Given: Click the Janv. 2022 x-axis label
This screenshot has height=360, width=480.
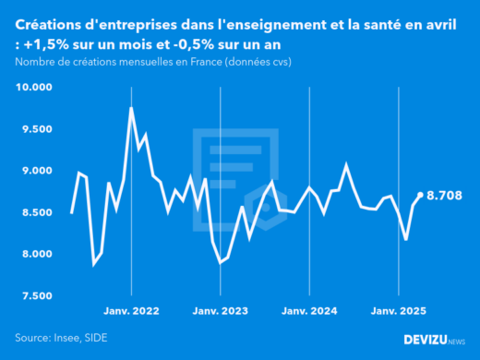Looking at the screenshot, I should (132, 312).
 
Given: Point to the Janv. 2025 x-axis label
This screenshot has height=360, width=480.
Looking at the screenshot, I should (398, 312).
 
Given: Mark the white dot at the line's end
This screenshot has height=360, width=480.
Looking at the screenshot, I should (421, 195).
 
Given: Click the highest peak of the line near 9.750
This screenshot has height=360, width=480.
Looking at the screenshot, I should (131, 108).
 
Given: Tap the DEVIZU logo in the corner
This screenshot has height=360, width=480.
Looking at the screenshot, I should (435, 340).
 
